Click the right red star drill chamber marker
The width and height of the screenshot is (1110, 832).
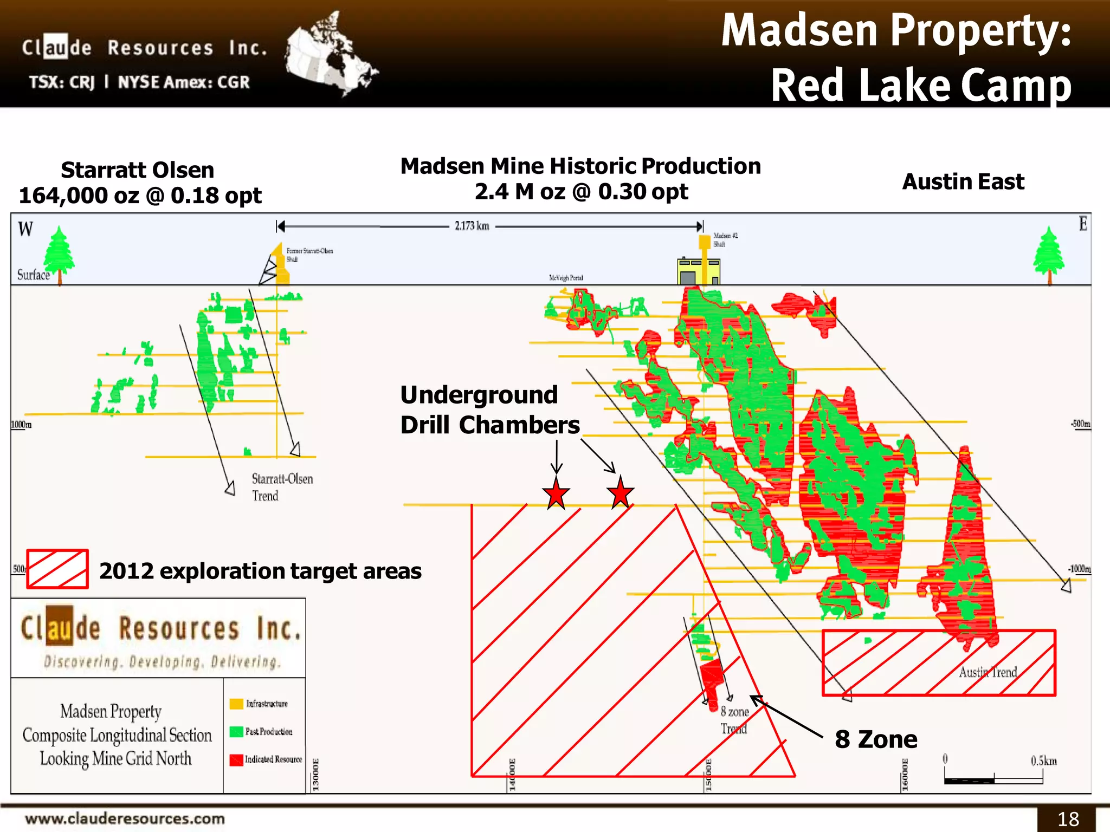coord(620,493)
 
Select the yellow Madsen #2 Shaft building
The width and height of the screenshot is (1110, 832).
coord(699,270)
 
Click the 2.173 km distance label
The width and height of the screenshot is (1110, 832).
coord(472,226)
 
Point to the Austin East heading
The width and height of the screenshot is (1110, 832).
coord(963,181)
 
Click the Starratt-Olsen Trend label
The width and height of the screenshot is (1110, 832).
coord(282,487)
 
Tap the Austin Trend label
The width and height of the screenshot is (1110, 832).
coord(988,672)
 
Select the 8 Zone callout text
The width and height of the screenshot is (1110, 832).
coord(876,739)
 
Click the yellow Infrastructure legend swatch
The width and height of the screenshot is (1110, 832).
coord(236,704)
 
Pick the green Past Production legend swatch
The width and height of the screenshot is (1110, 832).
coord(236,732)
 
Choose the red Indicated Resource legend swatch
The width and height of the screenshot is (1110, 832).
coord(236,760)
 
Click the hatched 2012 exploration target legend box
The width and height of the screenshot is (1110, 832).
coord(57,569)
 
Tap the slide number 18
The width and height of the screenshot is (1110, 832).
coord(1068,818)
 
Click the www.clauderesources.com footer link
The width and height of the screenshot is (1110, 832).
coord(125,818)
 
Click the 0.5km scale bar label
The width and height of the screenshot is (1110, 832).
coord(1043,761)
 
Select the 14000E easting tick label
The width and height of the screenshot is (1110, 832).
coord(512,774)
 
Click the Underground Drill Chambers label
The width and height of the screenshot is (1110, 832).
coord(489,410)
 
